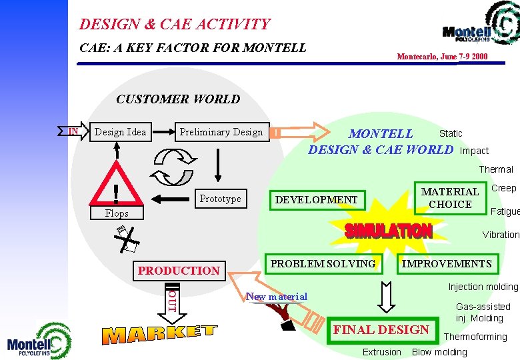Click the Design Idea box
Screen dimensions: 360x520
pyautogui.click(x=120, y=132)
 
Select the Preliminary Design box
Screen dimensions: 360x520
pyautogui.click(x=221, y=132)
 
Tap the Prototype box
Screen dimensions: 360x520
pyautogui.click(x=220, y=199)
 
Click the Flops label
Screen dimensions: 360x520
pyautogui.click(x=117, y=213)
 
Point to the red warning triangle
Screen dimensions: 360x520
pyautogui.click(x=117, y=188)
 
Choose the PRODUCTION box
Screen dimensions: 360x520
pyautogui.click(x=178, y=270)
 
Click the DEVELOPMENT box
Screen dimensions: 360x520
pyautogui.click(x=316, y=199)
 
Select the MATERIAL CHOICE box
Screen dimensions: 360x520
pyautogui.click(x=450, y=198)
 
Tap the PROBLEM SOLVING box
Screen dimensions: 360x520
pyautogui.click(x=323, y=263)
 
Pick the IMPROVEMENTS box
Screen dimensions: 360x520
pyautogui.click(x=447, y=263)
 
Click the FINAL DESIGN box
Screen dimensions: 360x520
pyautogui.click(x=381, y=329)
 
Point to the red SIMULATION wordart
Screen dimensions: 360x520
pyautogui.click(x=388, y=231)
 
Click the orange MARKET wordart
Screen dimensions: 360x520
pyautogui.click(x=160, y=334)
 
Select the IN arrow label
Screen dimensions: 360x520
pyautogui.click(x=73, y=131)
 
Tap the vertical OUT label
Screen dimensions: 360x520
pyautogui.click(x=172, y=301)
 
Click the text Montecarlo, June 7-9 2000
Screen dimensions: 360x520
pyautogui.click(x=442, y=57)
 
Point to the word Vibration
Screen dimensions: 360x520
pyautogui.click(x=501, y=235)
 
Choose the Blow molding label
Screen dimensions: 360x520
pyautogui.click(x=439, y=352)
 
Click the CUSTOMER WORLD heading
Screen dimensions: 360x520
pyautogui.click(x=178, y=99)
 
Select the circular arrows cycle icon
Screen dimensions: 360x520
pyautogui.click(x=171, y=167)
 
